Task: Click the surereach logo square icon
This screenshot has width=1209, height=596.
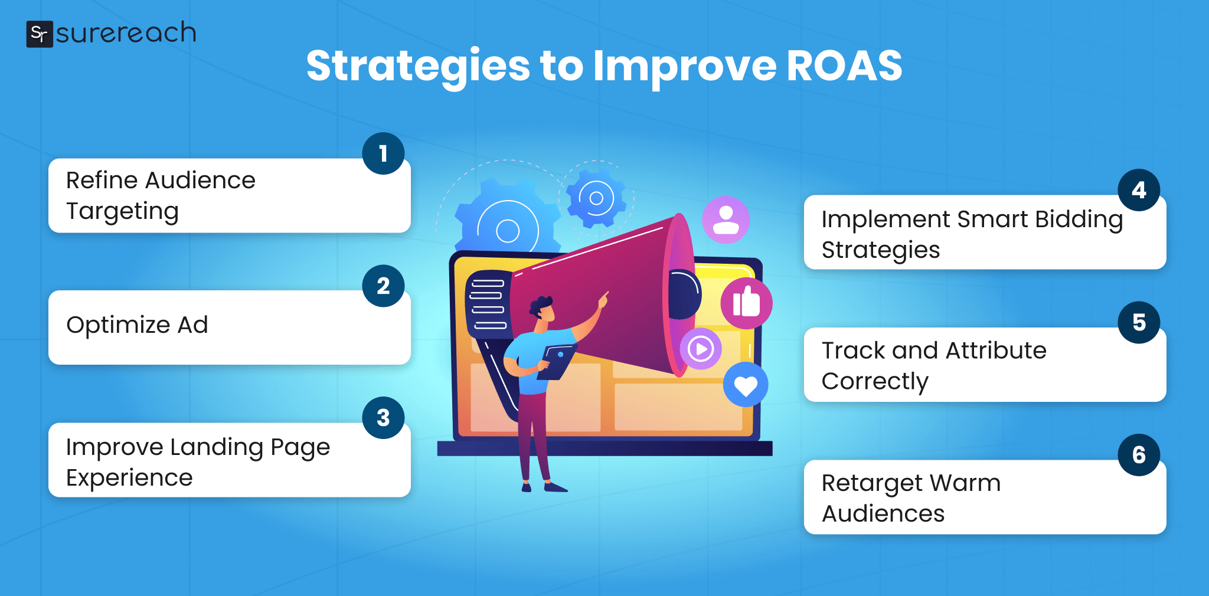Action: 40,34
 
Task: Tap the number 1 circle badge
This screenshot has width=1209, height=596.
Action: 383,153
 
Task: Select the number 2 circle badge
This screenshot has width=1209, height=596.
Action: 383,286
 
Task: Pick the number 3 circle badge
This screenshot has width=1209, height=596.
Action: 383,418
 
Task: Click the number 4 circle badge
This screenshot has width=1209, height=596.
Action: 1139,190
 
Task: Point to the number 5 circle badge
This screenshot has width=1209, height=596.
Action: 1139,322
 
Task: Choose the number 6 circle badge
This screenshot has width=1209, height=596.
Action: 1139,455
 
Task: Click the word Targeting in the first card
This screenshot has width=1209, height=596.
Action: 122,211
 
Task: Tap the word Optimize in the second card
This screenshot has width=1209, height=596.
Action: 118,325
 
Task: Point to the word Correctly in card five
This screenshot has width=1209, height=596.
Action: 875,382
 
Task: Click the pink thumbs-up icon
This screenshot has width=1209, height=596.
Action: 746,303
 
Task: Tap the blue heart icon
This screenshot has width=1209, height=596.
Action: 746,385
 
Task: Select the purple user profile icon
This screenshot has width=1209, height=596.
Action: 726,220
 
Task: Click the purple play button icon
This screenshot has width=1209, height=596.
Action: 701,349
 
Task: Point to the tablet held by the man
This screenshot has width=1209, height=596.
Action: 557,361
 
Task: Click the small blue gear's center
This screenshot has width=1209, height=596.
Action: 596,198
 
